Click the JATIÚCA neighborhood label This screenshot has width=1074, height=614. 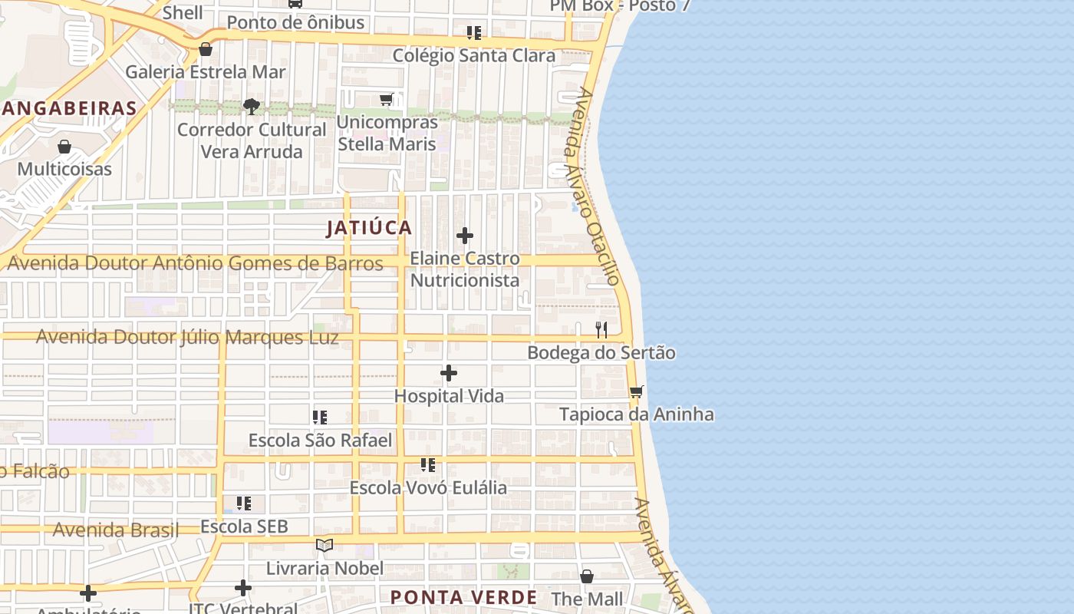pos(369,228)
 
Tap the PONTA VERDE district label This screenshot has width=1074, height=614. pos(463,597)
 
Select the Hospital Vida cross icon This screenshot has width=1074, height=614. pos(449,374)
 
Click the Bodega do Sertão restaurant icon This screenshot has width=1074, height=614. pos(601,330)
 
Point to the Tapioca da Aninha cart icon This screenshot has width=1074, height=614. pos(636,392)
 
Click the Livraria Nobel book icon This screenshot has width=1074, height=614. pos(325,546)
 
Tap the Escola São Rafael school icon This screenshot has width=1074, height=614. pos(320,418)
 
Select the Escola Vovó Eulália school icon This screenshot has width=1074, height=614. pos(428,465)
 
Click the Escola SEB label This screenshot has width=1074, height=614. pos(244,527)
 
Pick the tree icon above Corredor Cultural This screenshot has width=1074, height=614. pos(252,107)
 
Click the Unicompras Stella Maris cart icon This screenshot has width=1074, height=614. pos(387,100)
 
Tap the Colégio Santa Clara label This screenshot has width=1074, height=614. pos(473,56)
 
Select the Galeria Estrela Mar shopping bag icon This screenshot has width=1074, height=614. pos(206,50)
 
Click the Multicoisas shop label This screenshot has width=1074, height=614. pos(64,169)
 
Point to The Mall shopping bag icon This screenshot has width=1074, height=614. pos(587,576)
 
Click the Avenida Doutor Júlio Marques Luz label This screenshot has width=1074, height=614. pos(187,337)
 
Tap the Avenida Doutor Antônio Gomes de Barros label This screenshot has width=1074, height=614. pos(195,263)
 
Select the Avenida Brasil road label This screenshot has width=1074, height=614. pos(115,530)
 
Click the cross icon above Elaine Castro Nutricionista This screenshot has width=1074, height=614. pos(465,236)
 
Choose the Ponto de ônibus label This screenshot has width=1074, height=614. pos(295,22)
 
